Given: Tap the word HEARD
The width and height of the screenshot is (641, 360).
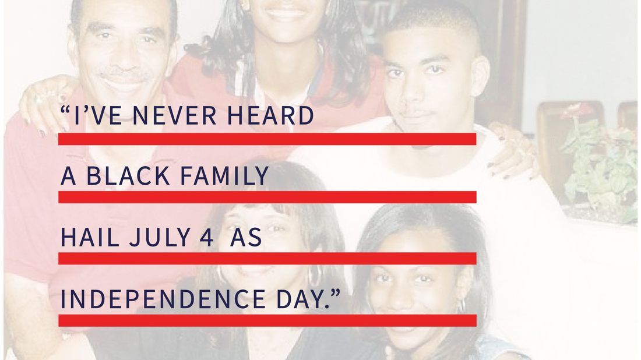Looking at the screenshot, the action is [x=270, y=115].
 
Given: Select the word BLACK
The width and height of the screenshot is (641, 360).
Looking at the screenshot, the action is [x=128, y=176].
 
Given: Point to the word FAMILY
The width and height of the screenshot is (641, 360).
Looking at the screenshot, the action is [x=224, y=176].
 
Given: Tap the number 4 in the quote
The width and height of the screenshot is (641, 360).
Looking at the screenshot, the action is [x=206, y=237].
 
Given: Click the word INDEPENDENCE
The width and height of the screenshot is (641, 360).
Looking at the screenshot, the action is [x=163, y=299].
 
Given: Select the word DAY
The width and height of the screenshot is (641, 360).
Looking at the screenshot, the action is [x=301, y=299].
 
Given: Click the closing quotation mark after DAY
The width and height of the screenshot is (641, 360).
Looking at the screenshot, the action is [x=335, y=293].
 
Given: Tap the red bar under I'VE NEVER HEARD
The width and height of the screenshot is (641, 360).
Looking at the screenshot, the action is [x=267, y=139].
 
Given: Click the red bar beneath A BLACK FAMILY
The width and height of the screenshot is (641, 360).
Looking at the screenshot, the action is [x=267, y=197].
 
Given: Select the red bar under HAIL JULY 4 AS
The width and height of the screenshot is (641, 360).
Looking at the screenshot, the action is [x=267, y=258].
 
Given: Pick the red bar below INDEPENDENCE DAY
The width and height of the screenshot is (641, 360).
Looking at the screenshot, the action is [x=267, y=320].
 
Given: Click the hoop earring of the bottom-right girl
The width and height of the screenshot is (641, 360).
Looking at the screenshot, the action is [x=461, y=305].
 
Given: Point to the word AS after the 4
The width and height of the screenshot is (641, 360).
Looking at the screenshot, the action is [x=246, y=237].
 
